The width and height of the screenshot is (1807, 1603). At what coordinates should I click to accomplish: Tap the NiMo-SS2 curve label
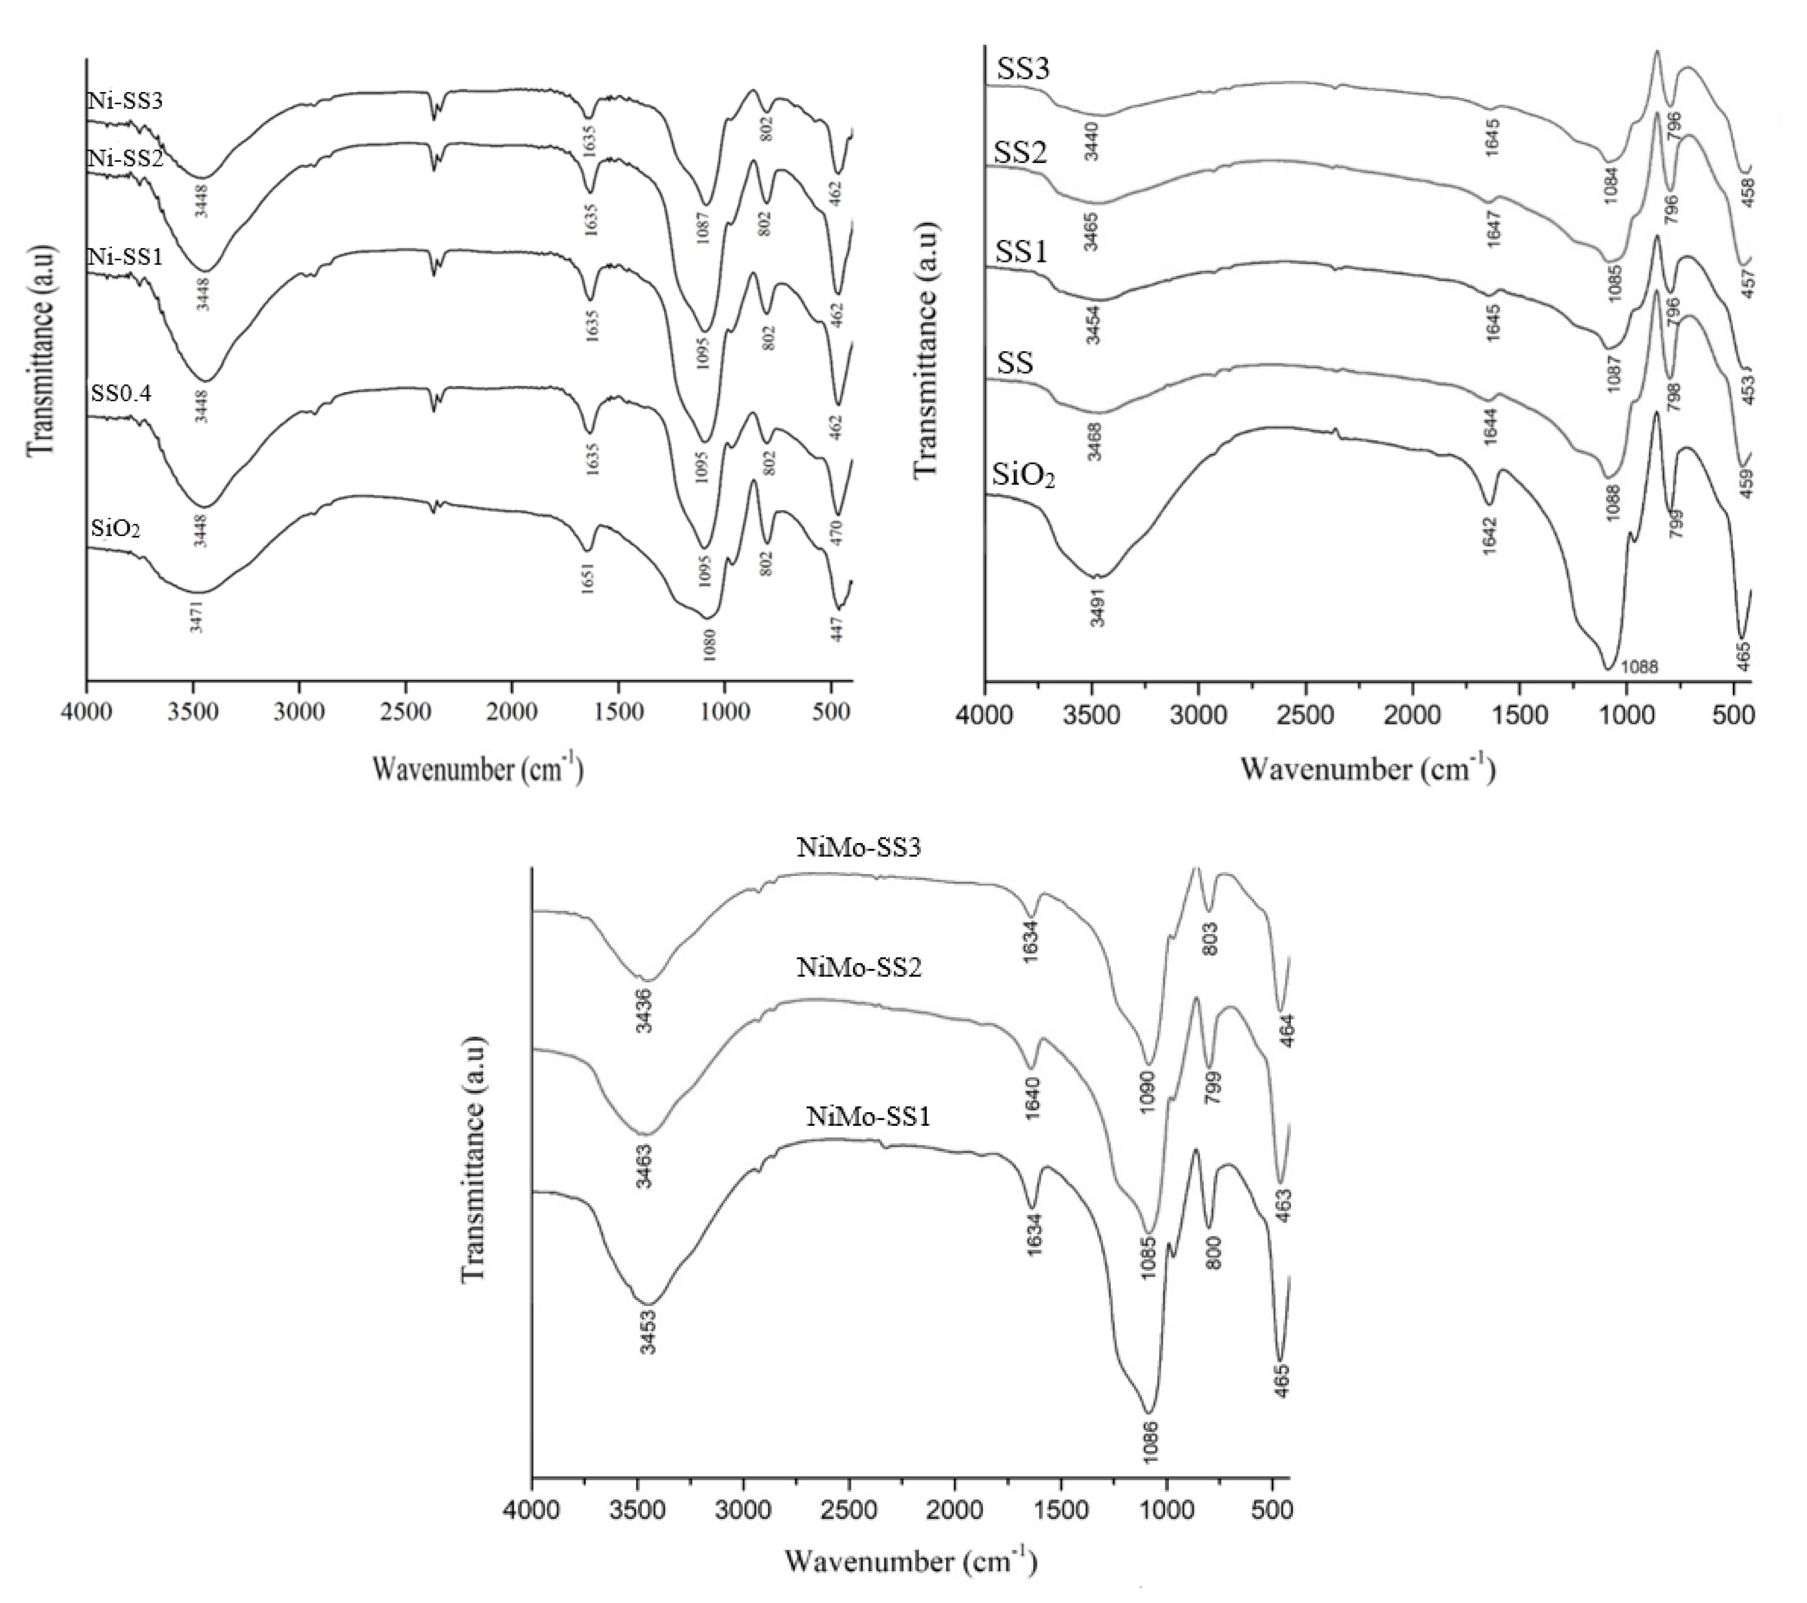pyautogui.click(x=859, y=968)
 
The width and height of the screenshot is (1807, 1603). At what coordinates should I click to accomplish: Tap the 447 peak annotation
pyautogui.click(x=837, y=628)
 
